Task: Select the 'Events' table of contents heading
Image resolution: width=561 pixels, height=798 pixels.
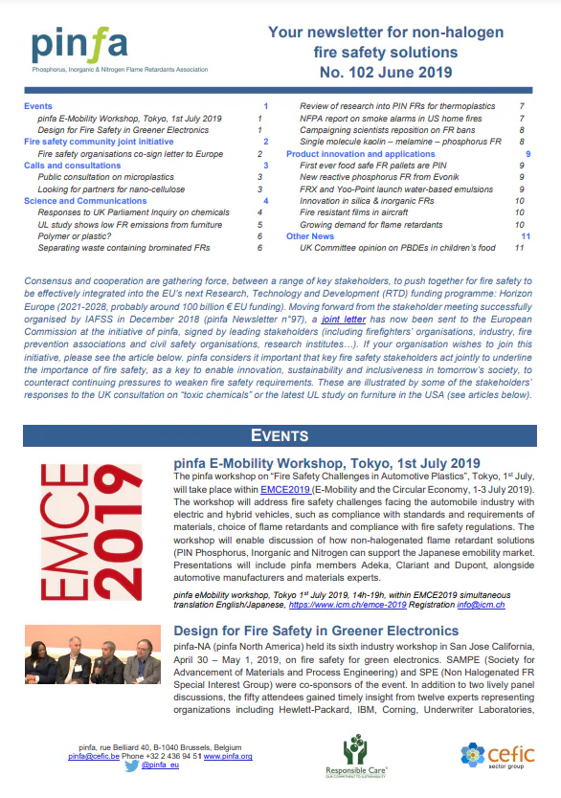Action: click(39, 105)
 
